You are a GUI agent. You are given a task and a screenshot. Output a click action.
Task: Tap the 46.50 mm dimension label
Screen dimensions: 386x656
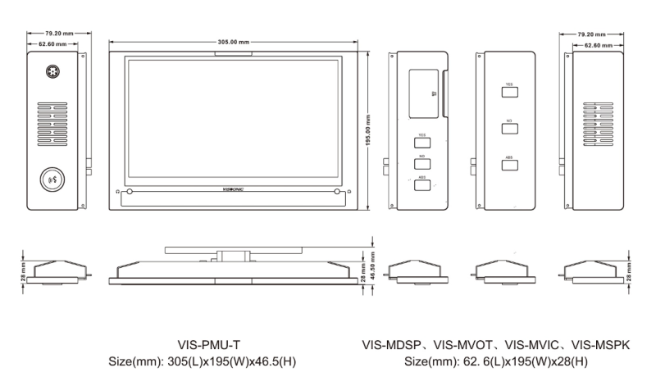tap(374, 267)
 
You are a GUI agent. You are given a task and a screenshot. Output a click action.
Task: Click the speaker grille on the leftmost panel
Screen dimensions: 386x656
tap(52, 122)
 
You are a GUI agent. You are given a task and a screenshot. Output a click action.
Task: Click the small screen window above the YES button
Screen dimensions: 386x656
tap(423, 93)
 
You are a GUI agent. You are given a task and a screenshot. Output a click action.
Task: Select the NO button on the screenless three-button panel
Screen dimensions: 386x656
tap(509, 128)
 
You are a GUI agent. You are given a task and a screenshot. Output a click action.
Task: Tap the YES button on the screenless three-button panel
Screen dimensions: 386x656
tap(509, 89)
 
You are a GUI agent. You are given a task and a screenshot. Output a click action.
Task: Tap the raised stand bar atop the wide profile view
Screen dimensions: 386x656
tap(230, 248)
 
